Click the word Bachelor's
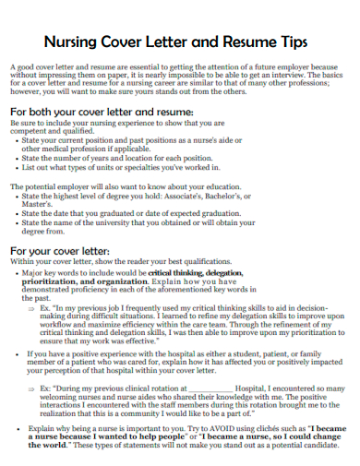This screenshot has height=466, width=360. click(261, 197)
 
